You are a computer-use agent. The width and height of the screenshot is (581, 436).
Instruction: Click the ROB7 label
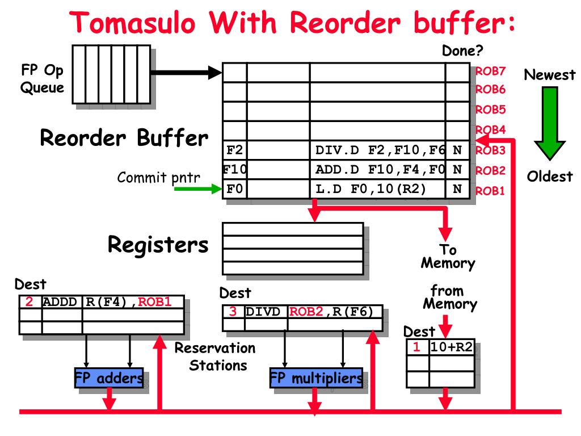[490, 72]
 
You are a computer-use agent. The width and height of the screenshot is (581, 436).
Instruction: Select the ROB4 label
[490, 130]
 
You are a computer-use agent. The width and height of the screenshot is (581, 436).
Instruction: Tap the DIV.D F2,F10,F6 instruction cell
[377, 150]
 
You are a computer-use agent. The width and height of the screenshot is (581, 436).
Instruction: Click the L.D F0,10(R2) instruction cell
[377, 188]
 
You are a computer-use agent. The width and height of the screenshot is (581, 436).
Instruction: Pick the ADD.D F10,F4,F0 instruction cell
[377, 169]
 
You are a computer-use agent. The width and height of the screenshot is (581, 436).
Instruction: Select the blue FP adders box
[108, 379]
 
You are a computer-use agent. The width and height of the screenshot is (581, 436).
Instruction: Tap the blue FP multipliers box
[316, 379]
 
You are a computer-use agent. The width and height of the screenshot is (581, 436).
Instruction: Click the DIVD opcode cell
[266, 312]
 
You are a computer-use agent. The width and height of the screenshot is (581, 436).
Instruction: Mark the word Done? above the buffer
[462, 51]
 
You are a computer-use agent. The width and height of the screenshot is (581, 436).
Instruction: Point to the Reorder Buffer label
[124, 138]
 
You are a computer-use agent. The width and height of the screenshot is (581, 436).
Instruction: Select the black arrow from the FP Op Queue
[186, 72]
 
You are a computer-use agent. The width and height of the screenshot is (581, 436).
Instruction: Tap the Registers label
[158, 245]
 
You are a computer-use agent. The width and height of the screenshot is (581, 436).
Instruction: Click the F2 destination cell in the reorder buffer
[235, 150]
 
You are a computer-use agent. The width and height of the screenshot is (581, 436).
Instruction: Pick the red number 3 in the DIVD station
[233, 312]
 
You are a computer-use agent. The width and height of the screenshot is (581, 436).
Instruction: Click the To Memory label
[447, 257]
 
